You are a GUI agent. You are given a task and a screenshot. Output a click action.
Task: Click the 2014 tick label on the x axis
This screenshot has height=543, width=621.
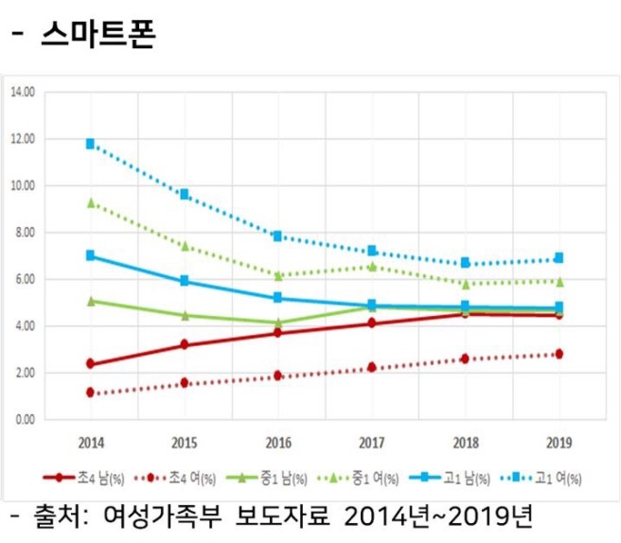pos(91,442)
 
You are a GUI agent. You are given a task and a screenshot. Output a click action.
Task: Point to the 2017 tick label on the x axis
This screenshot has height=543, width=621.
pos(372,442)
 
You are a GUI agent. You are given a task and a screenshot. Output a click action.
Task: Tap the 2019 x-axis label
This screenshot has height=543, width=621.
pos(559,442)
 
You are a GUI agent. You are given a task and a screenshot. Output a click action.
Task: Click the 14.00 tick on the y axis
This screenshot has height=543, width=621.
pos(22,93)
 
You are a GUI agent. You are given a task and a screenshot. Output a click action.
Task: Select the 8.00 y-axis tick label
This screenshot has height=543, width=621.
pos(23,233)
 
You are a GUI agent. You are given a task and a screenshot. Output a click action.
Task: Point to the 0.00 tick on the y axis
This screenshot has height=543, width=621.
pos(23,419)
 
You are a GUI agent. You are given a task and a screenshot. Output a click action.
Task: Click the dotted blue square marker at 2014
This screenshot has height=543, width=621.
pos(91,144)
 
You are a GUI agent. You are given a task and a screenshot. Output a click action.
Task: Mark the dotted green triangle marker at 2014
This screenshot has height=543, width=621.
pos(91,202)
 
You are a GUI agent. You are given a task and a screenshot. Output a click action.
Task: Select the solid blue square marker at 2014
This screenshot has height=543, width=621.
pos(91,255)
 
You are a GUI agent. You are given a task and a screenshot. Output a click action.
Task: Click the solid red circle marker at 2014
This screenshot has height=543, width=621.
pos(91,364)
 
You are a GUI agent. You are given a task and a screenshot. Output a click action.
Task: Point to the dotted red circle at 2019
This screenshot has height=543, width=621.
pos(559,354)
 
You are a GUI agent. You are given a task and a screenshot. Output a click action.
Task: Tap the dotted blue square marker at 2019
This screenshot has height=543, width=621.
pos(559,257)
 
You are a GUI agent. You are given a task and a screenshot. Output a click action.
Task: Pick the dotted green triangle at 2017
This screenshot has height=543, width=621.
pos(372,267)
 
